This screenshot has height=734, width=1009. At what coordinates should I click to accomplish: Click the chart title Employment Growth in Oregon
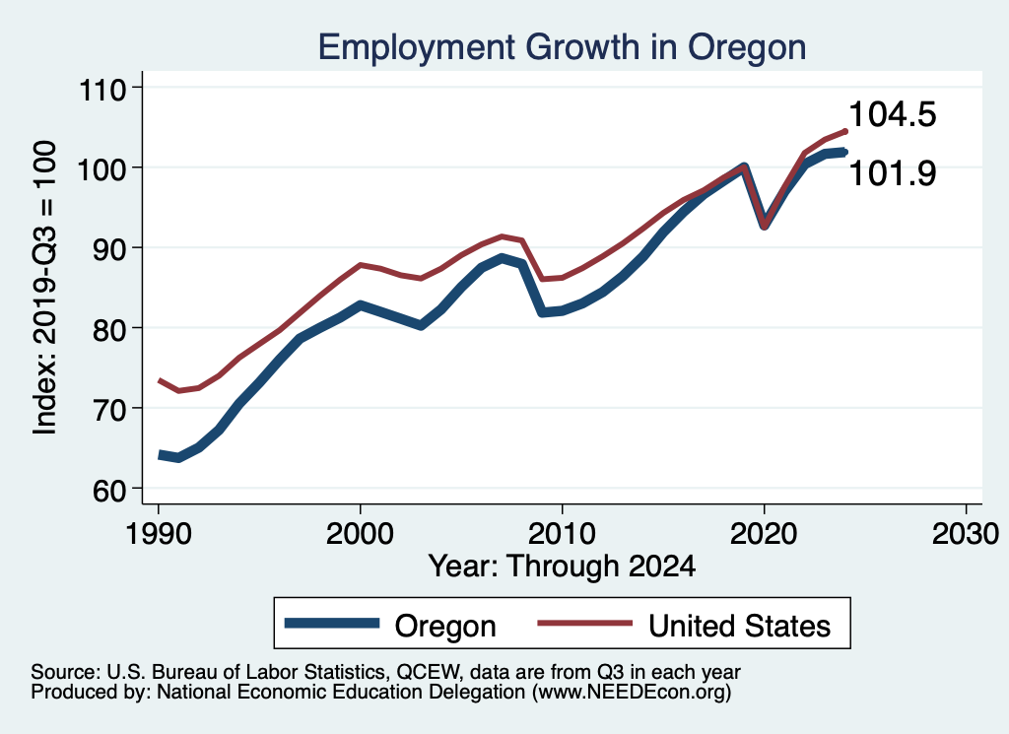(563, 46)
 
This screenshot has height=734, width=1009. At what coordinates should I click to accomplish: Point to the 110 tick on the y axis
(103, 88)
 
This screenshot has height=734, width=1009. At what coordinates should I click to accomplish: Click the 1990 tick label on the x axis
(158, 535)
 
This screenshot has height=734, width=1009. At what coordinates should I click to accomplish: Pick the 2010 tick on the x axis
(562, 535)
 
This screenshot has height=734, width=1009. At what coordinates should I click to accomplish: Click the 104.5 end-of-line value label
(892, 115)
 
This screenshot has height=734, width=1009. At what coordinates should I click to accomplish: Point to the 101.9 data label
(892, 173)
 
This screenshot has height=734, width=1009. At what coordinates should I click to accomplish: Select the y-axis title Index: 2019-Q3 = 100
(45, 287)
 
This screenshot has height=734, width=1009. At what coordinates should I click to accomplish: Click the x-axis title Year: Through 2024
(562, 567)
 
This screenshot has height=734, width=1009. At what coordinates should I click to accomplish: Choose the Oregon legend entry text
(445, 626)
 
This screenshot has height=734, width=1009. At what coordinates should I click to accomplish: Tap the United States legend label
(739, 626)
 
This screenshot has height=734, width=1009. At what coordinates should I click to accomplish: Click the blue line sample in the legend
(332, 624)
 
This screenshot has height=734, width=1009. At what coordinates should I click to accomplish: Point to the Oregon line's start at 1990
(160, 454)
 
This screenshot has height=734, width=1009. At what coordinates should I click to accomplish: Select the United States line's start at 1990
(160, 380)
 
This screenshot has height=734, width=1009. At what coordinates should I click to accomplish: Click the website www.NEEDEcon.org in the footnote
(630, 694)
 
